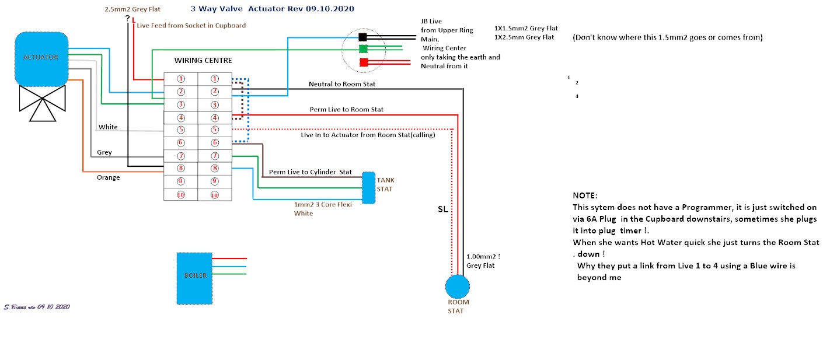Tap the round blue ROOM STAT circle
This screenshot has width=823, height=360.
pyautogui.click(x=457, y=286)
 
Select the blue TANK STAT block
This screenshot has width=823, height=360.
pyautogui.click(x=368, y=187)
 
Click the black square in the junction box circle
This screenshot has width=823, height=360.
pyautogui.click(x=362, y=37)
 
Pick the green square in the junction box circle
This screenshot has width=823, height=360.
pyautogui.click(x=362, y=49)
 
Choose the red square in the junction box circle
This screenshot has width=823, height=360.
pyautogui.click(x=362, y=62)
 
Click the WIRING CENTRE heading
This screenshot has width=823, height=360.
pyautogui.click(x=203, y=61)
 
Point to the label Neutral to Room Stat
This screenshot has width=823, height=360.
pyautogui.click(x=342, y=84)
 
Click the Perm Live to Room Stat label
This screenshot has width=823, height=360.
pyautogui.click(x=346, y=110)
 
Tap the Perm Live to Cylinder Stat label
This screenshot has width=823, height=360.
pyautogui.click(x=310, y=172)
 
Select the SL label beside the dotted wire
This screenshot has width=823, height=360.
pyautogui.click(x=442, y=209)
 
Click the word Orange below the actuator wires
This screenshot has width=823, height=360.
pyautogui.click(x=109, y=177)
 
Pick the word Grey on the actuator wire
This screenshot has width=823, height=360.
pyautogui.click(x=104, y=152)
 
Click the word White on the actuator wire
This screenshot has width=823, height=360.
pyautogui.click(x=108, y=127)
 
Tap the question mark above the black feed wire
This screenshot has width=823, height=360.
pyautogui.click(x=127, y=19)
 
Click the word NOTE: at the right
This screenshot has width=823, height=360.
pyautogui.click(x=585, y=195)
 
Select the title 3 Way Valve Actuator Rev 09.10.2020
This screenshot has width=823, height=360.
pyautogui.click(x=272, y=9)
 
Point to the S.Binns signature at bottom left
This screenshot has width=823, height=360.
pyautogui.click(x=36, y=306)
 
